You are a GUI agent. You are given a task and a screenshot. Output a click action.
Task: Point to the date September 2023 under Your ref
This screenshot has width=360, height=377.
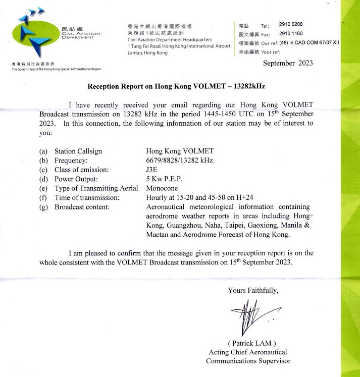point(288,63)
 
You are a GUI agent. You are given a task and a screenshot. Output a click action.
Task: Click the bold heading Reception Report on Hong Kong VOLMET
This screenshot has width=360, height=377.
point(176,86)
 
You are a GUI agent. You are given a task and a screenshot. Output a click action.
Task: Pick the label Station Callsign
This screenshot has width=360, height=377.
point(78,151)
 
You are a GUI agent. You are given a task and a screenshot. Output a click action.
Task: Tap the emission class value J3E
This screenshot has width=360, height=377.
point(152,169)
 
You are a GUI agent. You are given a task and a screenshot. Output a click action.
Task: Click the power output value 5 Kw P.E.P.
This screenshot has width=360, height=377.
point(165,178)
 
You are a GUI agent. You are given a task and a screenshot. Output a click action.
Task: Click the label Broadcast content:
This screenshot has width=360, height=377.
point(80,206)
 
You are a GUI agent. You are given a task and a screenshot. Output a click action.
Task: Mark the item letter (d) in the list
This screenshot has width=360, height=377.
point(43,178)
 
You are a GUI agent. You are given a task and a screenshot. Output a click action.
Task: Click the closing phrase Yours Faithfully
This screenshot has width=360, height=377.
point(253,290)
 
